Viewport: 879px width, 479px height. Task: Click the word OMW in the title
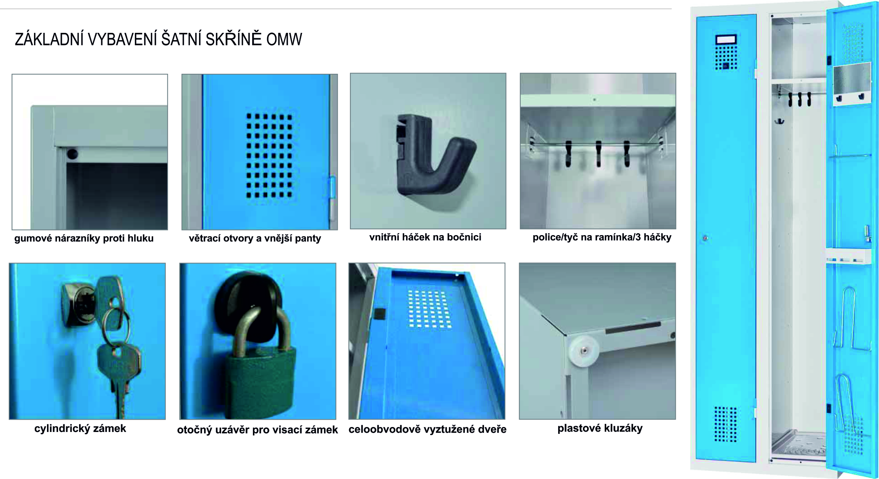tap(284, 39)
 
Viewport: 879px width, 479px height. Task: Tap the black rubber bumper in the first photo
tap(72, 154)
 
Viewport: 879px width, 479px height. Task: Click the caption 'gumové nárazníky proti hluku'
tap(84, 238)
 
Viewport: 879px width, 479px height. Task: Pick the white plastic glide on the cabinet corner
tap(583, 351)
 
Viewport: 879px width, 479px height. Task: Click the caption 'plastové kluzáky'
tap(600, 428)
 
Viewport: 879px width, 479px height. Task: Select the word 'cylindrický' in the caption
tap(62, 429)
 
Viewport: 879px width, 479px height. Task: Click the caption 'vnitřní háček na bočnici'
tap(425, 237)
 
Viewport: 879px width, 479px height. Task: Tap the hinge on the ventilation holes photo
tap(332, 198)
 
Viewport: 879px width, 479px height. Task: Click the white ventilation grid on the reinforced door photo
tap(429, 309)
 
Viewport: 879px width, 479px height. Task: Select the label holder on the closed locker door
tap(726, 40)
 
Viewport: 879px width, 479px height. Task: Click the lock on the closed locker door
tap(705, 238)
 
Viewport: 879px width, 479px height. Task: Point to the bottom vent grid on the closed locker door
tap(725, 424)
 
